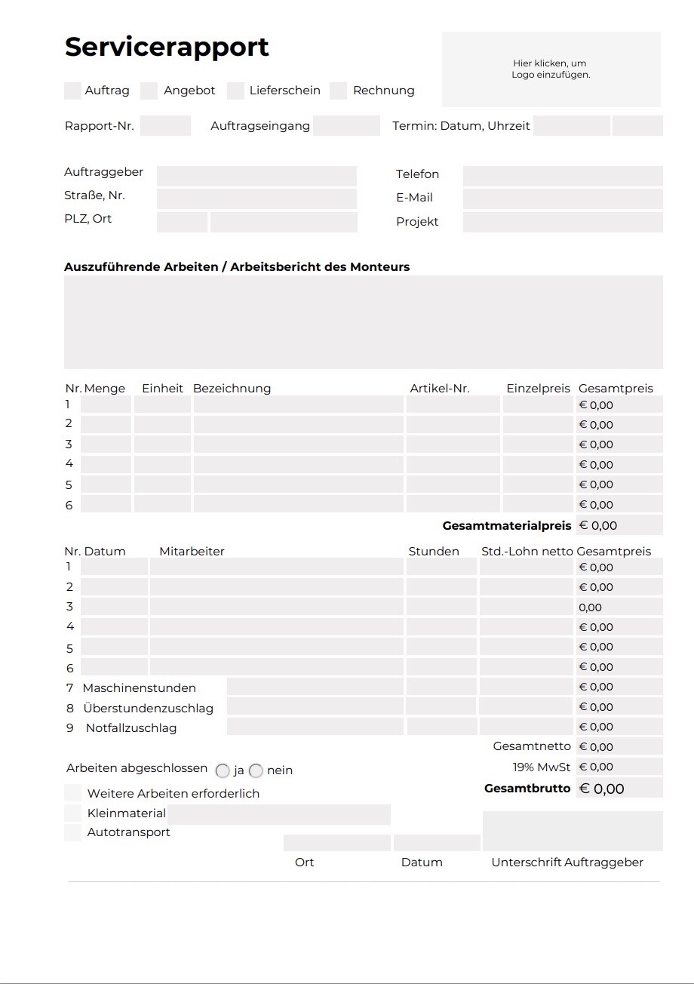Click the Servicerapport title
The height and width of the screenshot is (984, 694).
[x=167, y=47]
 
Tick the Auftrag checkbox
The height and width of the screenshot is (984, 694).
[x=72, y=91]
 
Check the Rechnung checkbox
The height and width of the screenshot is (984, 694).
[x=339, y=91]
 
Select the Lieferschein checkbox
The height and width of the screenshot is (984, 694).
[x=236, y=91]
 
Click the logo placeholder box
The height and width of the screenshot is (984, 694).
[x=551, y=69]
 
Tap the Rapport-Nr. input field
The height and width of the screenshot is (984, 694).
[x=165, y=126]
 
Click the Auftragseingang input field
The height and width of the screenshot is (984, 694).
[x=346, y=126]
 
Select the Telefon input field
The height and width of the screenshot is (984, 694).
[x=563, y=176]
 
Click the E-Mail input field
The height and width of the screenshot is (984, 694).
[x=563, y=199]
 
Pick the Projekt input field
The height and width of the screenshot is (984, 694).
[x=563, y=223]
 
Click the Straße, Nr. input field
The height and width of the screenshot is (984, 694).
[x=256, y=199]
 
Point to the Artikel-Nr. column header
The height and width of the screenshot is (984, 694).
[x=440, y=389]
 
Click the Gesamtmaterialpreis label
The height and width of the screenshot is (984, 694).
[x=507, y=525]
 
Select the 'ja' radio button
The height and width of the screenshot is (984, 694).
[x=223, y=771]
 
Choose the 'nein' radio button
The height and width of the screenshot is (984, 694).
[x=256, y=771]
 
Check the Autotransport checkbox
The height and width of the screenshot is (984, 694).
[x=72, y=833]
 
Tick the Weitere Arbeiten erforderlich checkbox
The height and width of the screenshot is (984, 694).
[x=72, y=793]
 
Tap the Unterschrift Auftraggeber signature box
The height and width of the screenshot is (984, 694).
[x=573, y=831]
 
